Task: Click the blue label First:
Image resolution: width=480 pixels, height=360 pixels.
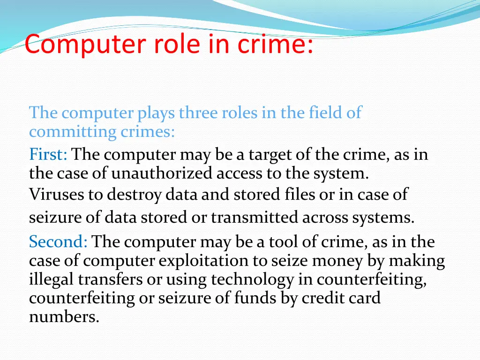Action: coord(48,154)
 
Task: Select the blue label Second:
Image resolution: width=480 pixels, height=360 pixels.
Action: coord(58,242)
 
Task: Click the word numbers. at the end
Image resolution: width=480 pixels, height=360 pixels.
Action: coord(64,317)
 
